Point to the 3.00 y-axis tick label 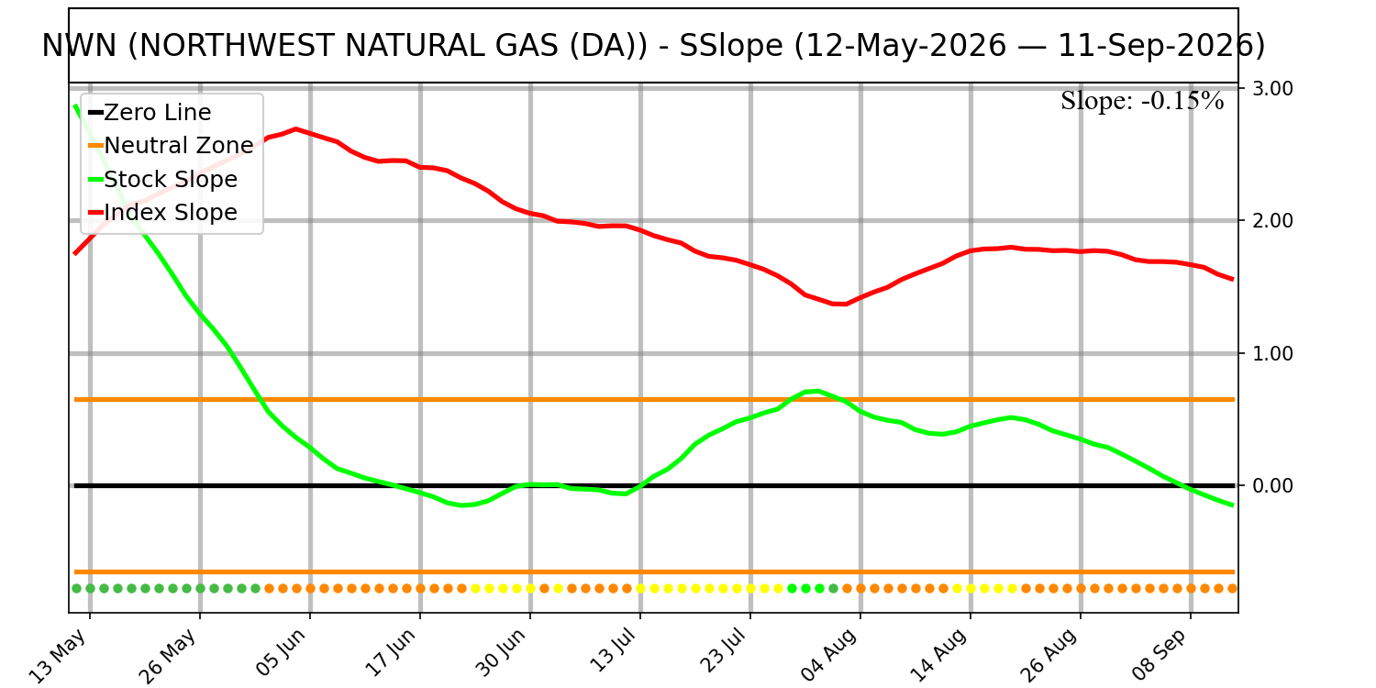pyautogui.click(x=1272, y=88)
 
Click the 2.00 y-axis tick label pyautogui.click(x=1272, y=220)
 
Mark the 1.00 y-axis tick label pyautogui.click(x=1272, y=353)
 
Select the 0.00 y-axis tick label pyautogui.click(x=1272, y=486)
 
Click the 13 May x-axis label pyautogui.click(x=60, y=656)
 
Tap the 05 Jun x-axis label pyautogui.click(x=281, y=653)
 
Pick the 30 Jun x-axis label pyautogui.click(x=501, y=653)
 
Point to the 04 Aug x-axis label pyautogui.click(x=829, y=656)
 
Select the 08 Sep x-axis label pyautogui.click(x=1160, y=656)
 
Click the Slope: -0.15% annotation pyautogui.click(x=1142, y=101)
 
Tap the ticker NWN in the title pyautogui.click(x=79, y=46)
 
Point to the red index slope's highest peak pyautogui.click(x=296, y=129)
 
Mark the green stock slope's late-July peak pyautogui.click(x=817, y=391)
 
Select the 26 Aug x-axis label pyautogui.click(x=1049, y=656)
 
